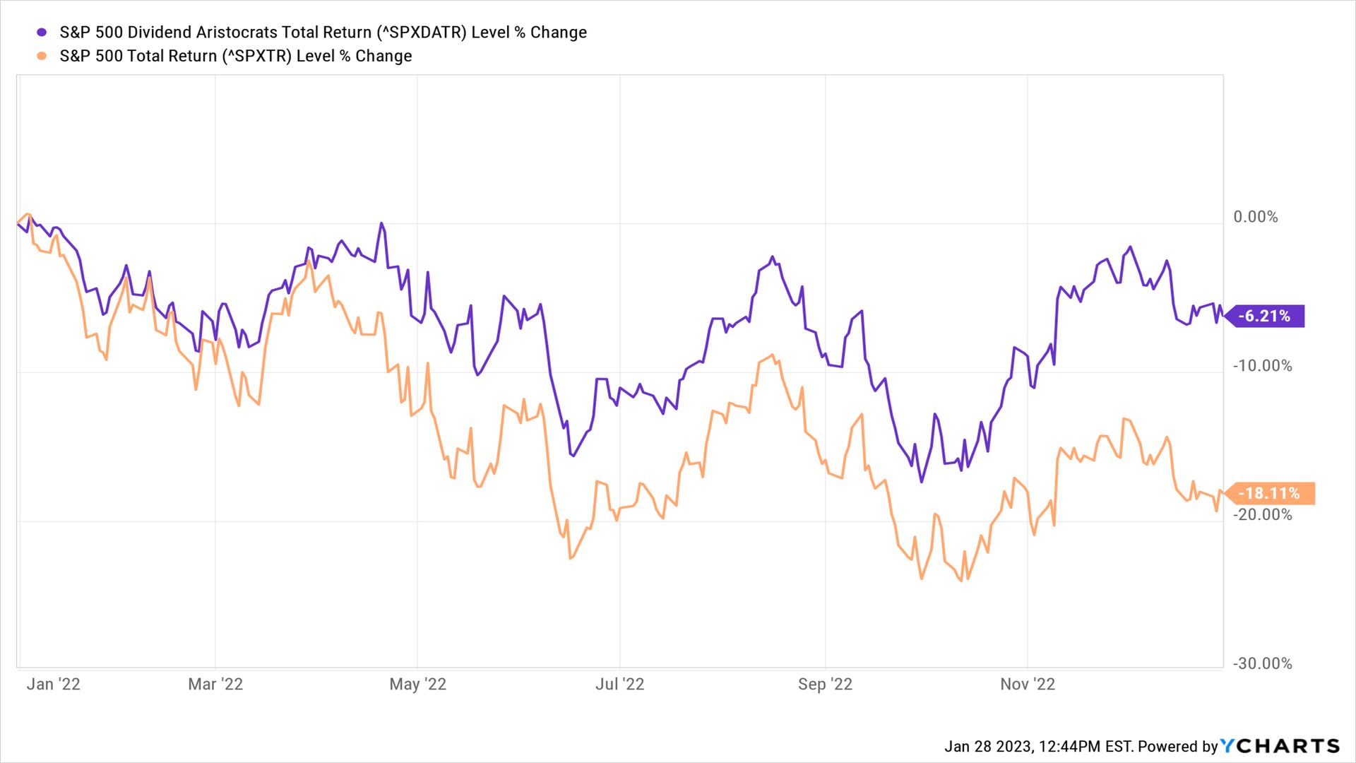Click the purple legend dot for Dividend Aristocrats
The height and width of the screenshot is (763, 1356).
(42, 32)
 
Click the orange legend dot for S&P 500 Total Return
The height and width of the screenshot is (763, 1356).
(42, 56)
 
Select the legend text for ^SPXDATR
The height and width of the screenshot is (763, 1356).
(323, 32)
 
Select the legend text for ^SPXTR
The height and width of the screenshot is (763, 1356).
(235, 56)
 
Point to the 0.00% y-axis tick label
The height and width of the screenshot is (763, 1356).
(1255, 217)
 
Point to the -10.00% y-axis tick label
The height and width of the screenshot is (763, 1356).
(1262, 366)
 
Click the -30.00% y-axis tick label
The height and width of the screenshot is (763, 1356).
(1262, 663)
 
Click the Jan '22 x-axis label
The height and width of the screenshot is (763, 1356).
(53, 684)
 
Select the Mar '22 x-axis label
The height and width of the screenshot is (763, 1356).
(215, 684)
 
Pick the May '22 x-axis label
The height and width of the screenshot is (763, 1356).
(417, 684)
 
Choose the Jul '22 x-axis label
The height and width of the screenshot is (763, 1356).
(619, 684)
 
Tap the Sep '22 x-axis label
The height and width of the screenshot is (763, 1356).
(825, 684)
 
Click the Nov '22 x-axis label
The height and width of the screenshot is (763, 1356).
(1028, 684)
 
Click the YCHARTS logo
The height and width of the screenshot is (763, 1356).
(1279, 746)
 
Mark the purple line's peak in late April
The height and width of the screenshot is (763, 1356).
(381, 223)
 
